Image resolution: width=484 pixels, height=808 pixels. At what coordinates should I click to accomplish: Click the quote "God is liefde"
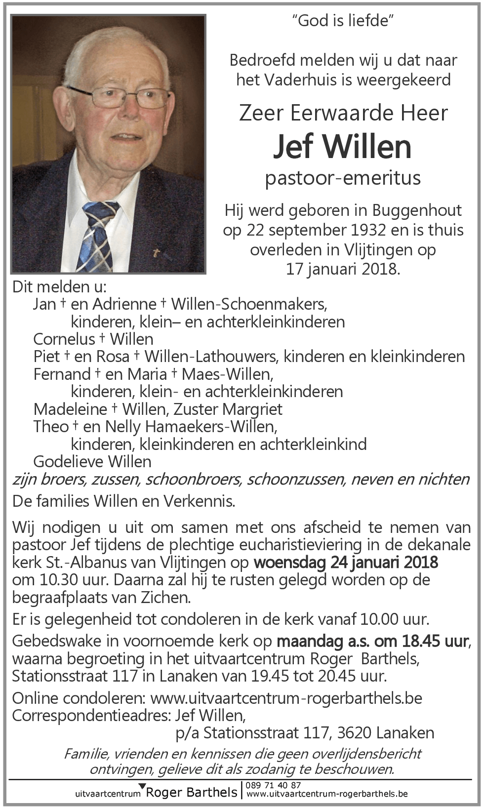[343, 21]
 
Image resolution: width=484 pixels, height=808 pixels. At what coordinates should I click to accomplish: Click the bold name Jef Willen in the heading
[342, 146]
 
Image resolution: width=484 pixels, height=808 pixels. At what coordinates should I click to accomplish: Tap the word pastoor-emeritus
[342, 178]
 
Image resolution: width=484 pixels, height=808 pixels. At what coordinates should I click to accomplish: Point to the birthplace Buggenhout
[417, 210]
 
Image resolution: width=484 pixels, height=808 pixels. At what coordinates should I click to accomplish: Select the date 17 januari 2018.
[343, 269]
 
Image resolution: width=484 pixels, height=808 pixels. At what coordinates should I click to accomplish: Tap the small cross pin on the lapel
[156, 254]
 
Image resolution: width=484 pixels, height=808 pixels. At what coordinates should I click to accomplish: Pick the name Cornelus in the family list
[64, 339]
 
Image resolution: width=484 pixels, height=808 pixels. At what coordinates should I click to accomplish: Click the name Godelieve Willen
[92, 461]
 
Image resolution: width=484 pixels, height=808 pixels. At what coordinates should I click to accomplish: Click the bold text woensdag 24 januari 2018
[346, 562]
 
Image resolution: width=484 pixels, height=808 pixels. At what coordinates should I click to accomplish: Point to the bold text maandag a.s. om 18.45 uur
[372, 641]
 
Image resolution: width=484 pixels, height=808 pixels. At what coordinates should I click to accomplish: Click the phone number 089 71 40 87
[273, 785]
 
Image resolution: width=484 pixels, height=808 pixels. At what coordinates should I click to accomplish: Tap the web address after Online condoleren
[286, 698]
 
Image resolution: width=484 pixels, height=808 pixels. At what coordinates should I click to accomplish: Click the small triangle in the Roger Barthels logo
[142, 786]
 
